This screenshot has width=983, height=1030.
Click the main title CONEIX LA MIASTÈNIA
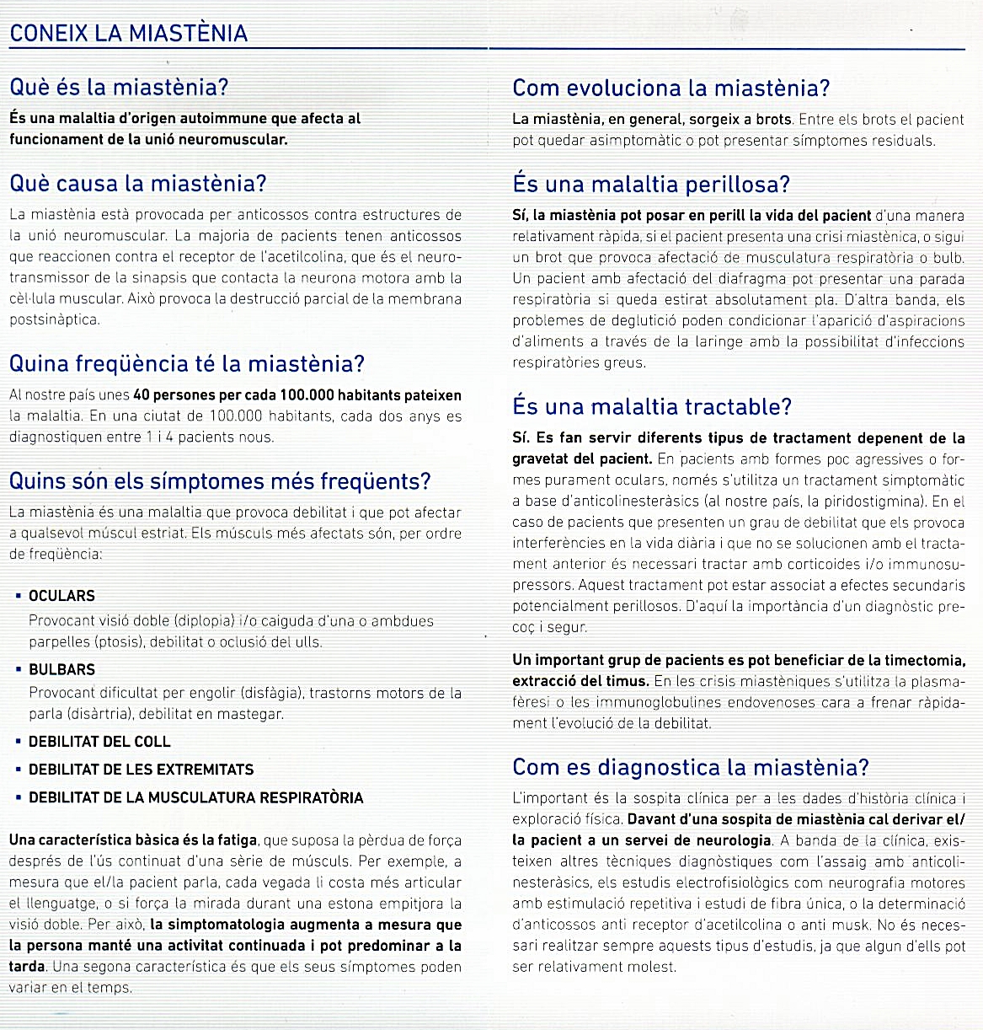pyautogui.click(x=128, y=34)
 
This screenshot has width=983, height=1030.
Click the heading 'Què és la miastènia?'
pyautogui.click(x=119, y=88)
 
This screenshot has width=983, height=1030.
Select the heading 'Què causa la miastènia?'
pyautogui.click(x=137, y=183)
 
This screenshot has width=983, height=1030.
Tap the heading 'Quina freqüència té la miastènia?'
pyautogui.click(x=186, y=364)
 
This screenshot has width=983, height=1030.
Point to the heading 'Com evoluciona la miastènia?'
pyautogui.click(x=670, y=89)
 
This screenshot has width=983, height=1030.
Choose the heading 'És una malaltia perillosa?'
pyautogui.click(x=651, y=185)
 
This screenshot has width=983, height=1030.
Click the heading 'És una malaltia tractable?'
pyautogui.click(x=652, y=407)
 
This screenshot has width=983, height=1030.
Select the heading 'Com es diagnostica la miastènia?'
pyautogui.click(x=690, y=768)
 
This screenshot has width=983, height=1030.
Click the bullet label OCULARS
pyautogui.click(x=61, y=596)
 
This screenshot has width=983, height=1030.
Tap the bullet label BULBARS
pyautogui.click(x=61, y=670)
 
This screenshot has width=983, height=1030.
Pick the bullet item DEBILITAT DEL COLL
pyautogui.click(x=99, y=742)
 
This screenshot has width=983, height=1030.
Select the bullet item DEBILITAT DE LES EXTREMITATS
pyautogui.click(x=141, y=770)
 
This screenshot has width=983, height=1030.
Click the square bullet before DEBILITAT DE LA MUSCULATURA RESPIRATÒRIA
pyautogui.click(x=19, y=797)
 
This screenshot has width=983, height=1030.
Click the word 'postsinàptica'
pyautogui.click(x=54, y=319)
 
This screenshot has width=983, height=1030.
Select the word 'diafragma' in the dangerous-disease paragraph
pyautogui.click(x=724, y=279)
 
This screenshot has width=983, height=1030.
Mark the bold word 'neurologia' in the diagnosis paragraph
pyautogui.click(x=731, y=840)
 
